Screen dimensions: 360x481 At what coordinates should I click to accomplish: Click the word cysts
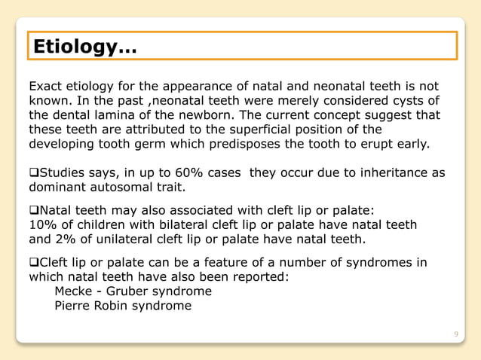(x=402, y=101)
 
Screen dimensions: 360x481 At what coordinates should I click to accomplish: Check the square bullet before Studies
(x=33, y=173)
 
